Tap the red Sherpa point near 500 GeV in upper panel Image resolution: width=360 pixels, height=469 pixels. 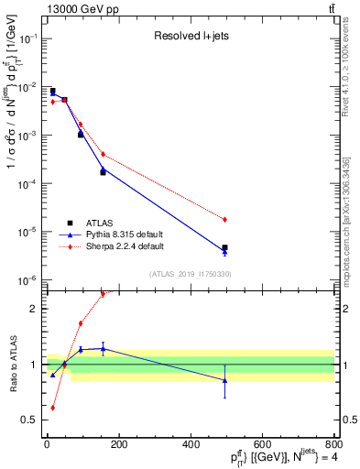coord(224,220)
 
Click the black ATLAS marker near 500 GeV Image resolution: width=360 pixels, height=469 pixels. coord(224,247)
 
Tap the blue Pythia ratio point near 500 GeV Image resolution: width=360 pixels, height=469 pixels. coord(224,380)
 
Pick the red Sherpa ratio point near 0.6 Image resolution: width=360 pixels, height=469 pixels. coord(52,408)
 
